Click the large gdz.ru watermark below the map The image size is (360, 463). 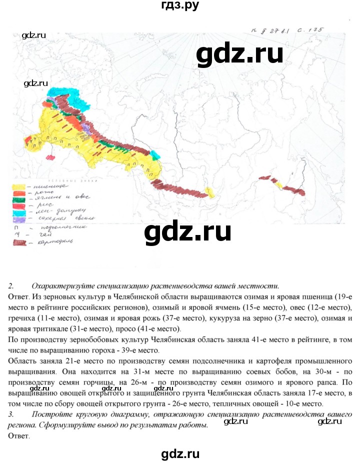tap(187, 232)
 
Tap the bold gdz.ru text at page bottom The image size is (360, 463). tap(180, 440)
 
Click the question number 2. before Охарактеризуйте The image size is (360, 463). tap(11, 286)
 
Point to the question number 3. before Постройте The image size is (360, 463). tap(11, 414)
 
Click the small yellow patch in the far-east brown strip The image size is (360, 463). tap(279, 185)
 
